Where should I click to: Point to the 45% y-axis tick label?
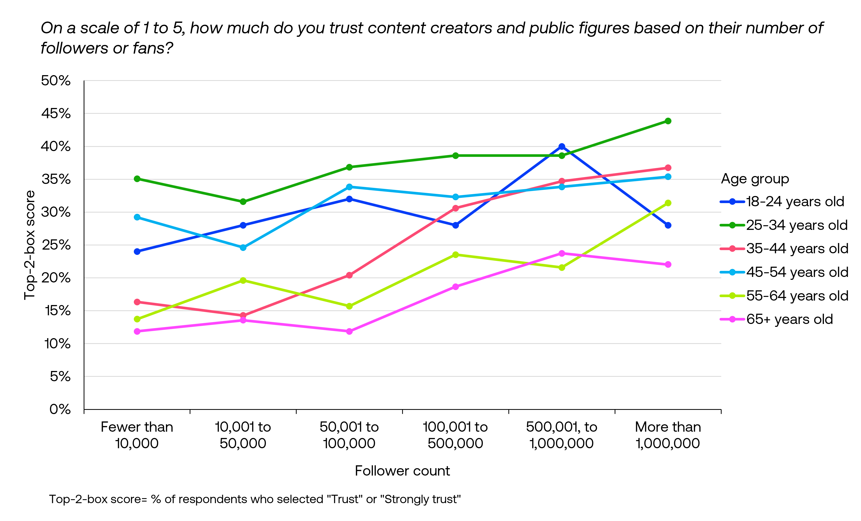(x=56, y=114)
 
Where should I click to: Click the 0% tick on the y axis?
(x=60, y=409)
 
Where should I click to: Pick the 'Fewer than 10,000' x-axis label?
(x=137, y=435)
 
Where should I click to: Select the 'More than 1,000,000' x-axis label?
(x=668, y=435)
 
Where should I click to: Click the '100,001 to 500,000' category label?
(x=455, y=435)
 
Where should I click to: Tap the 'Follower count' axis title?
(x=402, y=471)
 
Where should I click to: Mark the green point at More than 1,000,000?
(x=668, y=121)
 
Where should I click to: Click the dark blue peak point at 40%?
(x=561, y=147)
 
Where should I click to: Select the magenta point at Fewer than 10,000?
(x=137, y=331)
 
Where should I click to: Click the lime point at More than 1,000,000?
(x=668, y=203)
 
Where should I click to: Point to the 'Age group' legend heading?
(x=755, y=179)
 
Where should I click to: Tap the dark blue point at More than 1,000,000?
(x=668, y=225)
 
